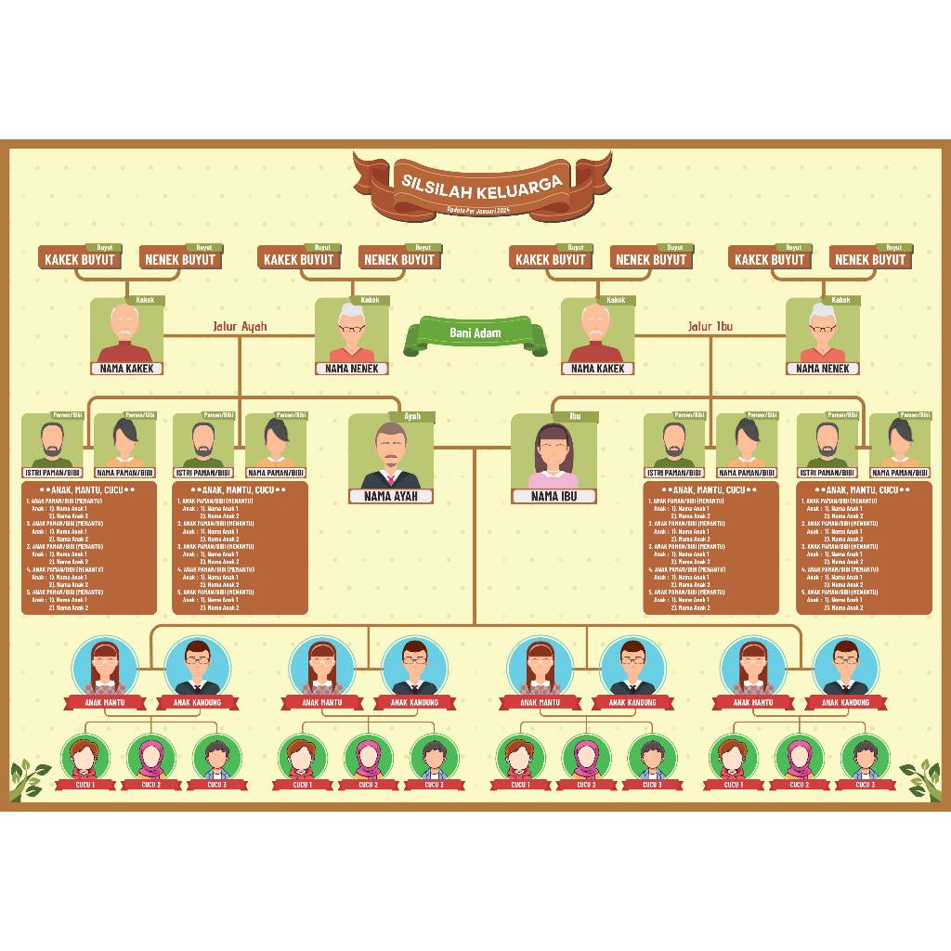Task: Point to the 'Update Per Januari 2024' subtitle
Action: [479, 210]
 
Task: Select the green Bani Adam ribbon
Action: [475, 333]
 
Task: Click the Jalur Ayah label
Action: [240, 326]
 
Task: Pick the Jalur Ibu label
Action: [710, 326]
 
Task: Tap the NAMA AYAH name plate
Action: [391, 496]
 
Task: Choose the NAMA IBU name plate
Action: [553, 496]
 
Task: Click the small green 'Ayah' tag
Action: [412, 416]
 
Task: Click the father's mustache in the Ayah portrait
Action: [391, 459]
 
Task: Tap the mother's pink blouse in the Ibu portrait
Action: [553, 479]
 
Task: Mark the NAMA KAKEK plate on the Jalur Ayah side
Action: [127, 368]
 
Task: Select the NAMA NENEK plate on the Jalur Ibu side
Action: [822, 368]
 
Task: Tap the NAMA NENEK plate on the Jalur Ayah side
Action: [352, 368]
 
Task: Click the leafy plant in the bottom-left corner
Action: [28, 778]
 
